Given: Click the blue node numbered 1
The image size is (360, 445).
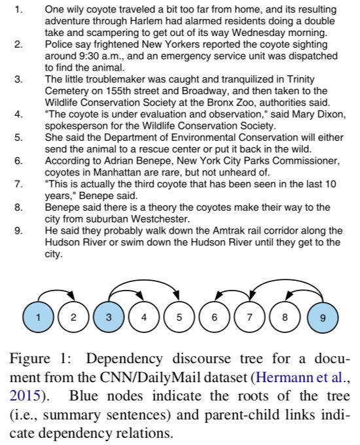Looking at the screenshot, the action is tap(38, 317).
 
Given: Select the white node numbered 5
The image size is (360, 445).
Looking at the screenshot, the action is tap(179, 317).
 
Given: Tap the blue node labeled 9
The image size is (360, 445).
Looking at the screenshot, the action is tap(323, 317).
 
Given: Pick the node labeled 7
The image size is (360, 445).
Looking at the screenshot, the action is tap(249, 317).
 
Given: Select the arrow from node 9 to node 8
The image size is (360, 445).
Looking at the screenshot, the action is tap(306, 291).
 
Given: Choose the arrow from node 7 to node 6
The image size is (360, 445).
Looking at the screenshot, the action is tap(233, 291).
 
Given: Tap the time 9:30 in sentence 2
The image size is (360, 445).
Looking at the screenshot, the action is tap(88, 56).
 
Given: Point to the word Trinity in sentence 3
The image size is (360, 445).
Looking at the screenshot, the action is tap(300, 79).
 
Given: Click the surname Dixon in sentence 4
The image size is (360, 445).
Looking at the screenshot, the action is tap(331, 114).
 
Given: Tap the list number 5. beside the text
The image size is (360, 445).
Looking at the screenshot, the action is tap(18, 137).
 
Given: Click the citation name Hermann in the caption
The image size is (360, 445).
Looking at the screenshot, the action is tap(288, 378).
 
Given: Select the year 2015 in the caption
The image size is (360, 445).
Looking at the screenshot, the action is tap(25, 396).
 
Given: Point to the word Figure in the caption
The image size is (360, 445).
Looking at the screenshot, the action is tap(29, 359).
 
